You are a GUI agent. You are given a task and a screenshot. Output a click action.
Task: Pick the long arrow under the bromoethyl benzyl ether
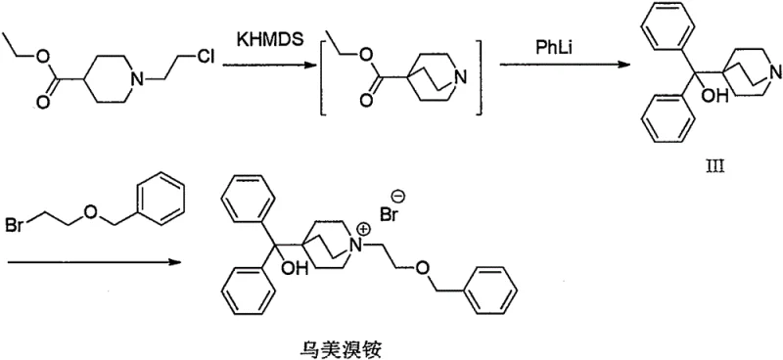click(93, 261)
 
